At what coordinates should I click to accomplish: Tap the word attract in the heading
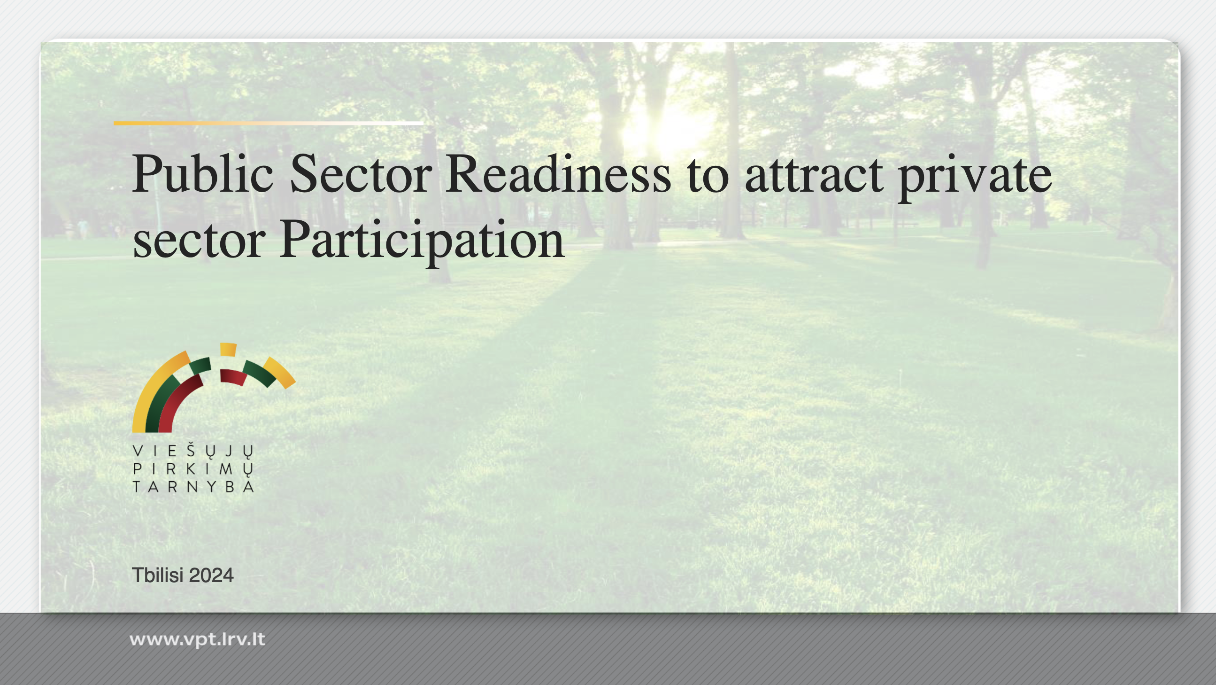pyautogui.click(x=814, y=175)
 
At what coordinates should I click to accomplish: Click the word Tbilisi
pyautogui.click(x=158, y=575)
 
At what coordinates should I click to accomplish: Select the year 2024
pyautogui.click(x=211, y=576)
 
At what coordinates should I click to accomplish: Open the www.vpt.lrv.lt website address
pyautogui.click(x=197, y=639)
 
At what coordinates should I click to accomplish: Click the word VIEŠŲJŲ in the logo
pyautogui.click(x=193, y=451)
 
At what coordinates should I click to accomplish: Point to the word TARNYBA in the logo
pyautogui.click(x=193, y=487)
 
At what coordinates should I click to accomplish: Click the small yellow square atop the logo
pyautogui.click(x=229, y=349)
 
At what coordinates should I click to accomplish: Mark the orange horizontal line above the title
pyautogui.click(x=268, y=123)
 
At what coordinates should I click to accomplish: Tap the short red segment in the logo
pyautogui.click(x=233, y=376)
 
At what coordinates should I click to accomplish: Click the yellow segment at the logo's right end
pyautogui.click(x=279, y=372)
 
